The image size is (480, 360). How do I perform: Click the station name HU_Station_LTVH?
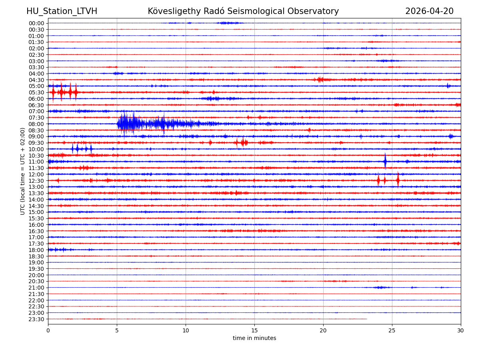[62, 11]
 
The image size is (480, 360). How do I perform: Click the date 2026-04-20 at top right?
[429, 11]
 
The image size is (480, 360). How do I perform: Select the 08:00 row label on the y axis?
[36, 124]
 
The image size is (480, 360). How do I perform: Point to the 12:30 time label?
[36, 181]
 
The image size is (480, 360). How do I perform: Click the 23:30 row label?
[36, 319]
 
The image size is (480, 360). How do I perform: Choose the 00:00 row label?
[36, 23]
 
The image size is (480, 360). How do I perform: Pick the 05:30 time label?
[36, 92]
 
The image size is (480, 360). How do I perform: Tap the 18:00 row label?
[36, 250]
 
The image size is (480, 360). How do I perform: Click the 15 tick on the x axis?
[254, 330]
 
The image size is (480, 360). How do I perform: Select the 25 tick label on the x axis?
[392, 330]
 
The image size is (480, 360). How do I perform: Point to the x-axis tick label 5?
[117, 330]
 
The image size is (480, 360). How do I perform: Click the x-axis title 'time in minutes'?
[254, 338]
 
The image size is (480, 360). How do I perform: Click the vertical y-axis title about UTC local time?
[23, 171]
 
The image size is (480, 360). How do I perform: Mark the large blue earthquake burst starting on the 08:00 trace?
[126, 124]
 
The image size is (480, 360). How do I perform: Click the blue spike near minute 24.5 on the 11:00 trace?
[385, 161]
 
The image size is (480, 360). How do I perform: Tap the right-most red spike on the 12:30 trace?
[398, 180]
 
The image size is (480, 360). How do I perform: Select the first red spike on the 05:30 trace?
[53, 92]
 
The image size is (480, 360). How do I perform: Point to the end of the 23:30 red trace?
[367, 319]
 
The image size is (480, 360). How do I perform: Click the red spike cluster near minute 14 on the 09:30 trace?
[242, 142]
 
